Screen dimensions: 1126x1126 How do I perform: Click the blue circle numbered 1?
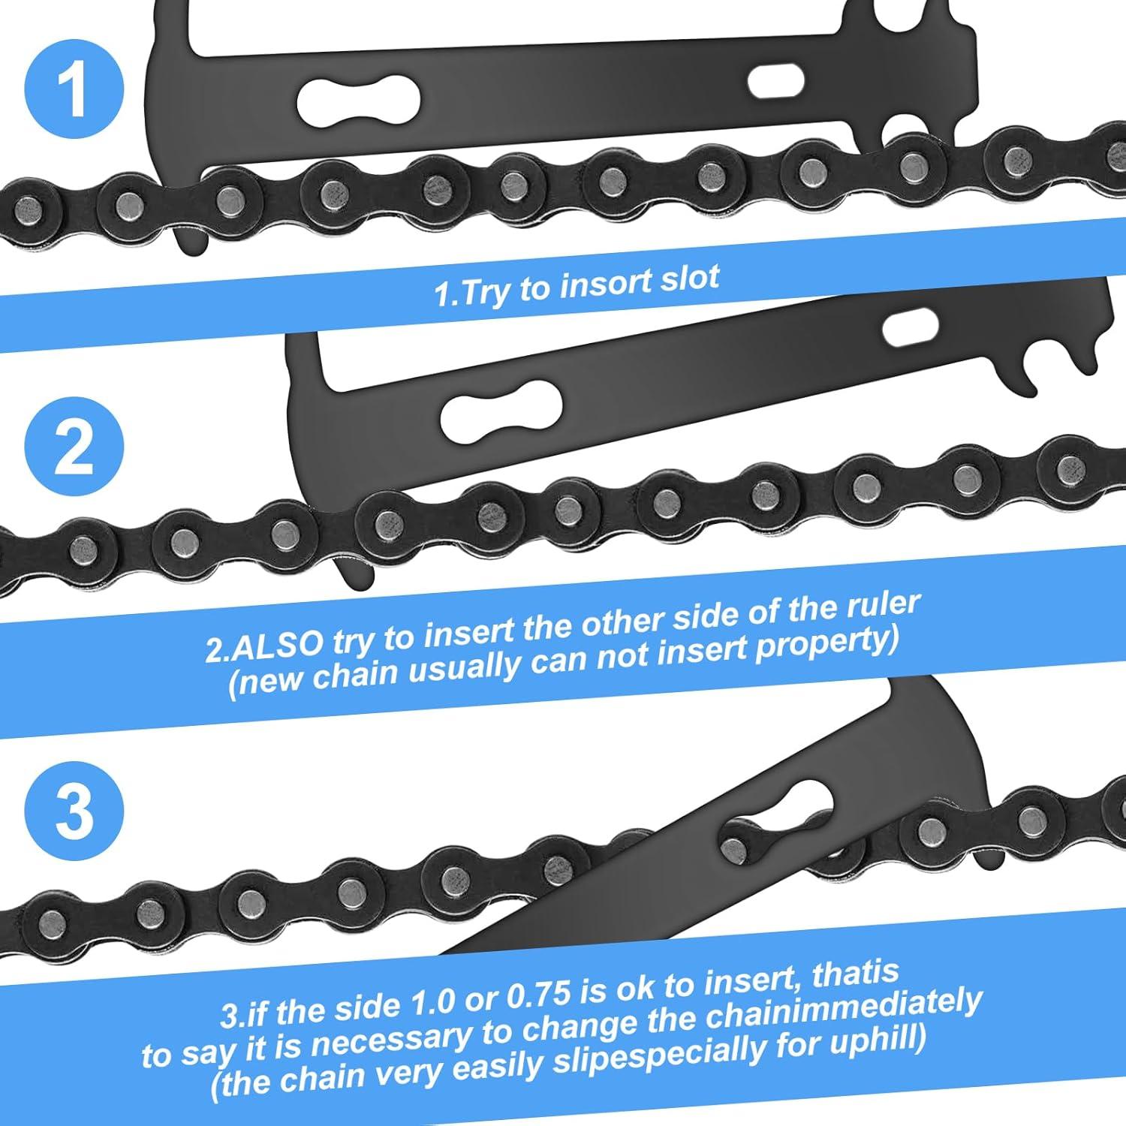coord(73,88)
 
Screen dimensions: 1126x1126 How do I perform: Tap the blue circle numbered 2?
coord(73,448)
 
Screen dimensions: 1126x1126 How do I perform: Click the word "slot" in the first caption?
coord(689,278)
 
